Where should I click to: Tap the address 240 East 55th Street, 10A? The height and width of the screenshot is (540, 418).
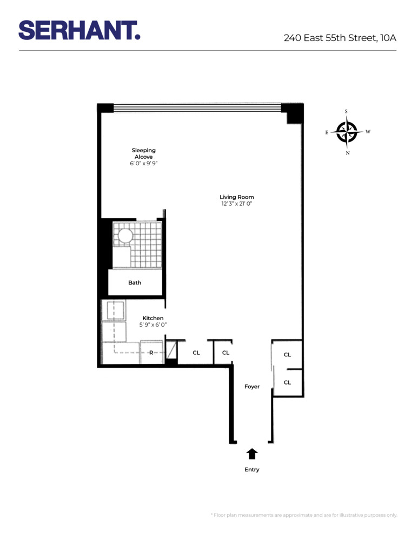[x=340, y=38]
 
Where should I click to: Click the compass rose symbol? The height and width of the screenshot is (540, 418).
[x=347, y=132]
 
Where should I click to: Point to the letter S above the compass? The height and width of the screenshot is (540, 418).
[x=346, y=112]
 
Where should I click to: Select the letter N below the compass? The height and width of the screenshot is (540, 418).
[x=347, y=153]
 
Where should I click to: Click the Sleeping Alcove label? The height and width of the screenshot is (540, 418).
[x=143, y=153]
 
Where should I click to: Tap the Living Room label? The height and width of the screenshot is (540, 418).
[x=236, y=197]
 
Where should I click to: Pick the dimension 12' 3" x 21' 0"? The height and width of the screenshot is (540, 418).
[x=236, y=204]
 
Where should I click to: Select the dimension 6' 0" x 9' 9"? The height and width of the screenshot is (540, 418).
[x=143, y=163]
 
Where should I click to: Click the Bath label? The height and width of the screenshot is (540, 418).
[x=135, y=282]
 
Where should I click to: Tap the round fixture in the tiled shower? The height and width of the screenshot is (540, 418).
[x=125, y=235]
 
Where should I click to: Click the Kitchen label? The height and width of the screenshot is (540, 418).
[x=152, y=318]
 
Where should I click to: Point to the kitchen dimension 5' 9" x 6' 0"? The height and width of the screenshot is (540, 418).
[x=152, y=325]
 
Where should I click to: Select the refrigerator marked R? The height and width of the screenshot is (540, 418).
[x=152, y=353]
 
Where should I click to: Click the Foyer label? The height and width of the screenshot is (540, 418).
[x=251, y=387]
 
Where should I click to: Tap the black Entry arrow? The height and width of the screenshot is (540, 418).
[x=252, y=454]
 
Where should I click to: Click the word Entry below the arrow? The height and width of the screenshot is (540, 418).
[x=252, y=470]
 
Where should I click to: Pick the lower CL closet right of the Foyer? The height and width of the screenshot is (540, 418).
[x=287, y=382]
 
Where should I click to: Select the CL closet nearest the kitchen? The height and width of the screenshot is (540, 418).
[x=196, y=353]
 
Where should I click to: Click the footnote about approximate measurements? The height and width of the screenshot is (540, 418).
[x=303, y=515]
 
